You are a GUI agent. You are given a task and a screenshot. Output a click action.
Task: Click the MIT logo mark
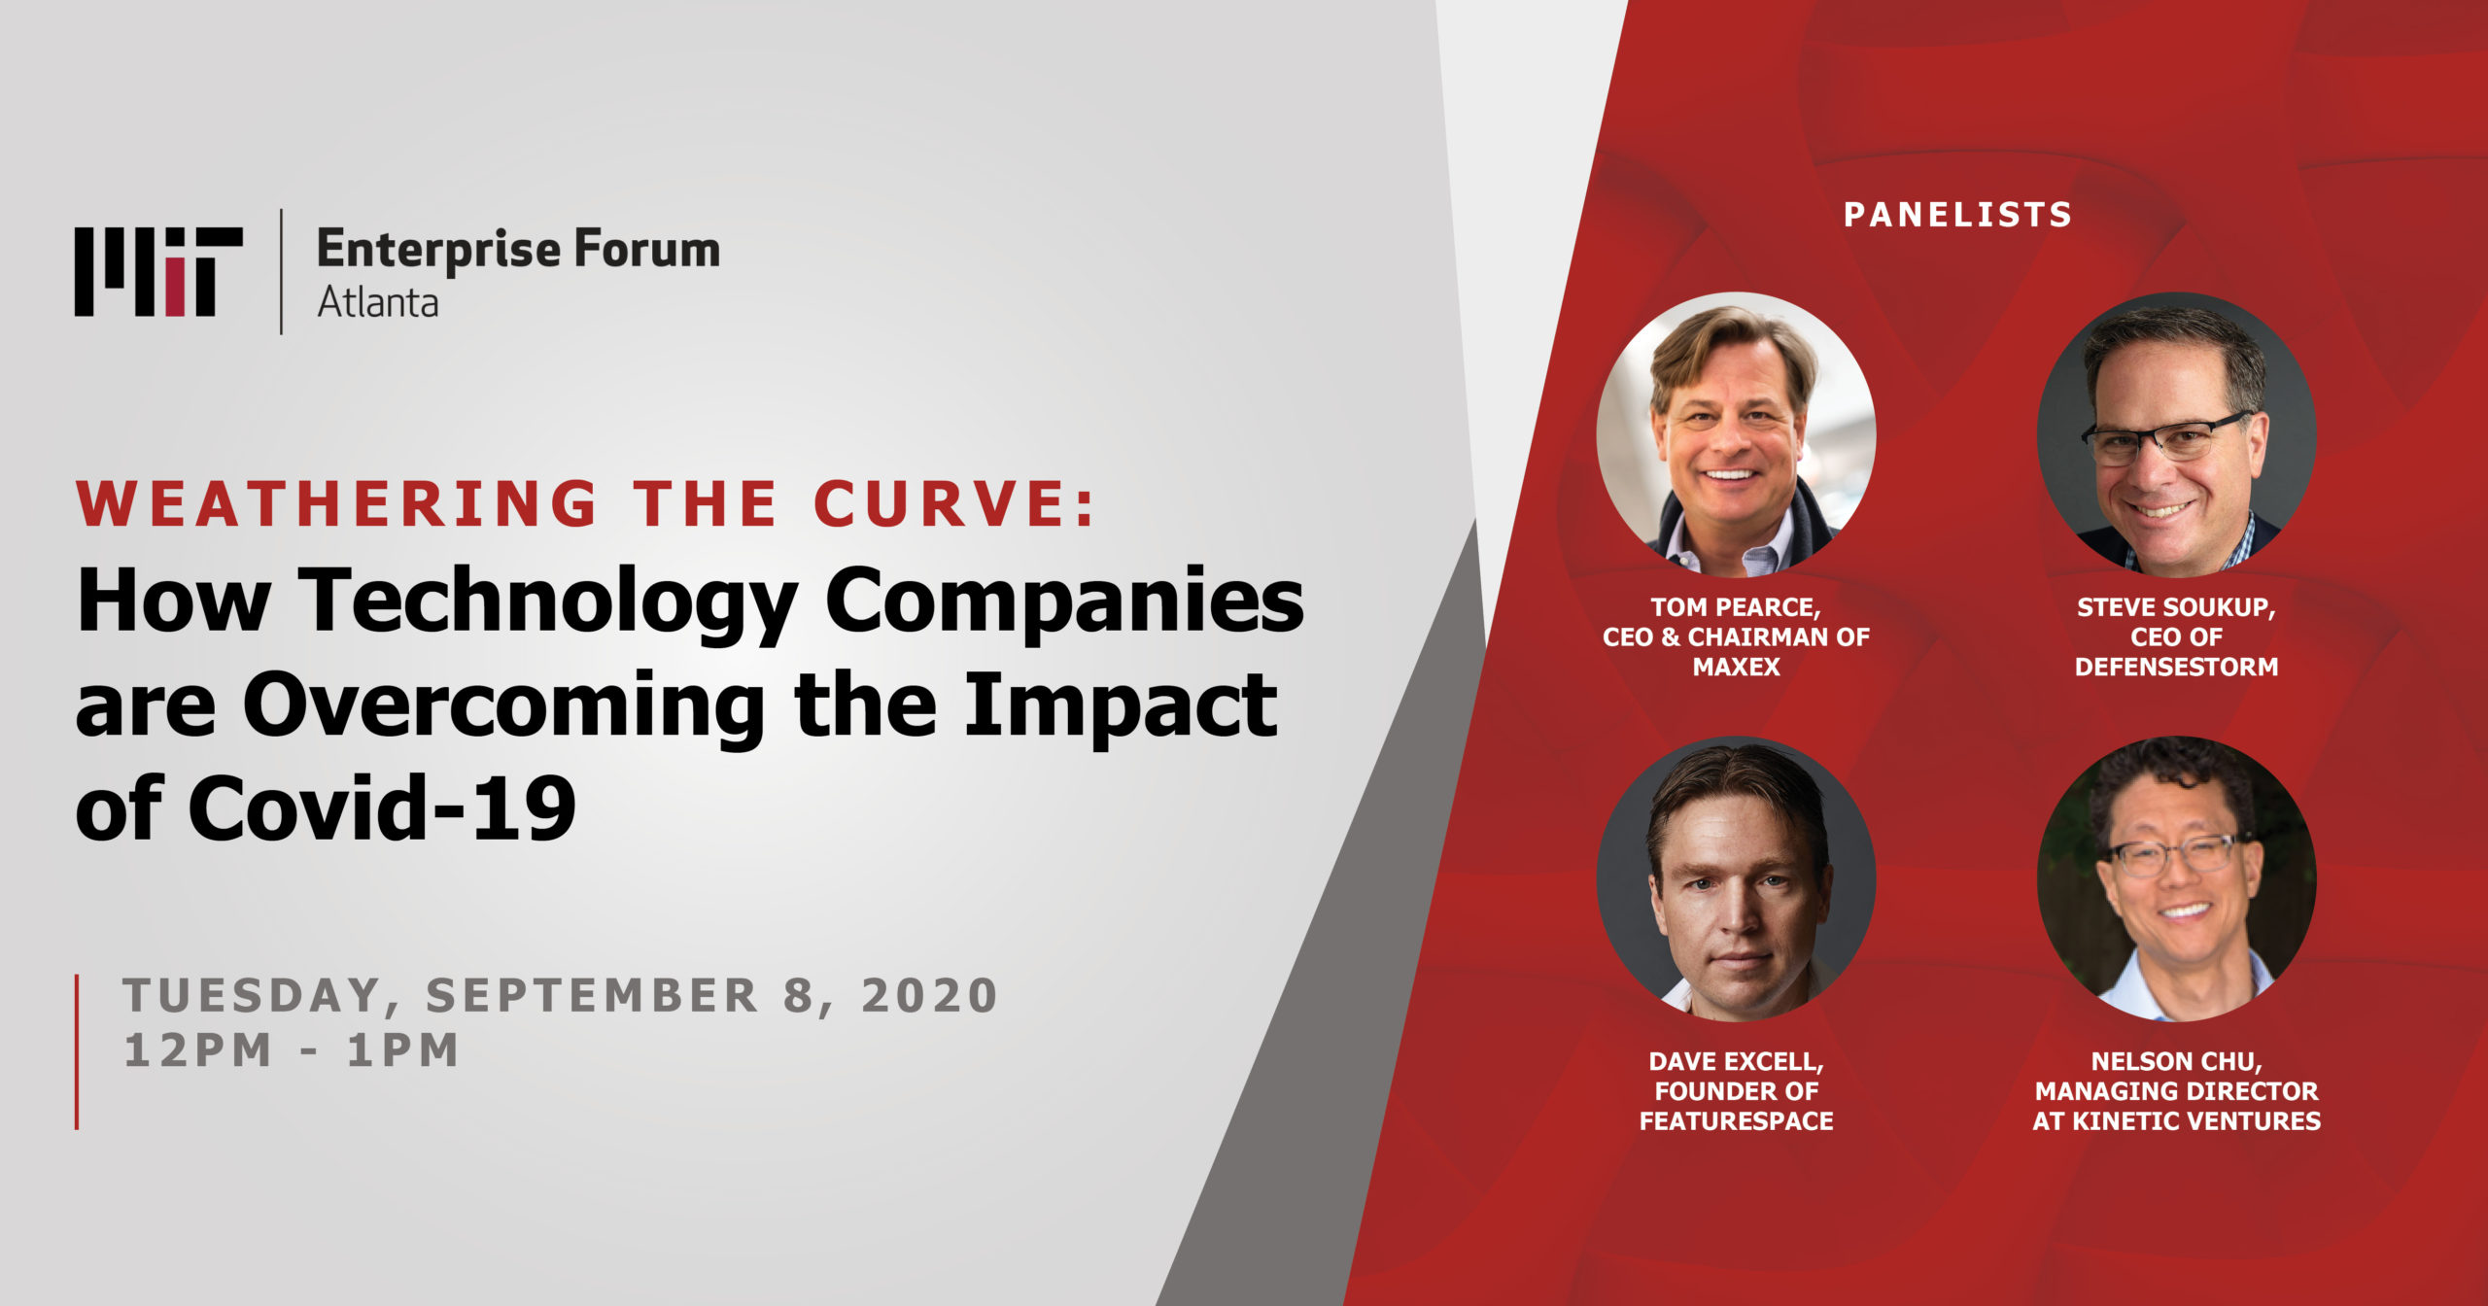point(158,272)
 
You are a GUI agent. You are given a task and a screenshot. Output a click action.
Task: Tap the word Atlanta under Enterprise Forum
point(377,302)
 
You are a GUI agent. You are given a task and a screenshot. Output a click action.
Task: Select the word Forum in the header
point(646,249)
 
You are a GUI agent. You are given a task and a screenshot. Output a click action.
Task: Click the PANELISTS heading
point(1957,215)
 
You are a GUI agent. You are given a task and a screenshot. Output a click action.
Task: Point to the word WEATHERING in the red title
point(336,503)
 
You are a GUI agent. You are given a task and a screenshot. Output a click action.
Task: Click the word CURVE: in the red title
point(954,503)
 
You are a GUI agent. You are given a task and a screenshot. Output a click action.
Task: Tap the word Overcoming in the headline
point(502,705)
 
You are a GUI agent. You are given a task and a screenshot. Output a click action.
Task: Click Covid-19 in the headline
point(382,808)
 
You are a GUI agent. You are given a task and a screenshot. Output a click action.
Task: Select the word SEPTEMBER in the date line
point(592,996)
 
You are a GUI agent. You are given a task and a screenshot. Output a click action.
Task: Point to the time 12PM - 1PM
point(292,1050)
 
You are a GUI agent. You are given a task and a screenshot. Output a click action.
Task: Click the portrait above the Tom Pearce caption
point(1737,434)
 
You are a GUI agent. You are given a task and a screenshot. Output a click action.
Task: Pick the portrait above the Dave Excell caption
point(1737,878)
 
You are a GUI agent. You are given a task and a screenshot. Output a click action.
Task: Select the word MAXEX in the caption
point(1737,668)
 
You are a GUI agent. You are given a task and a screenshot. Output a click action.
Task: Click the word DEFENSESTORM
point(2177,668)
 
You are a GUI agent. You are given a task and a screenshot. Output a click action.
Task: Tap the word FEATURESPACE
point(1737,1121)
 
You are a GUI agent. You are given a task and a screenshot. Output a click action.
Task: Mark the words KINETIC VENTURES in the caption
point(2196,1121)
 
